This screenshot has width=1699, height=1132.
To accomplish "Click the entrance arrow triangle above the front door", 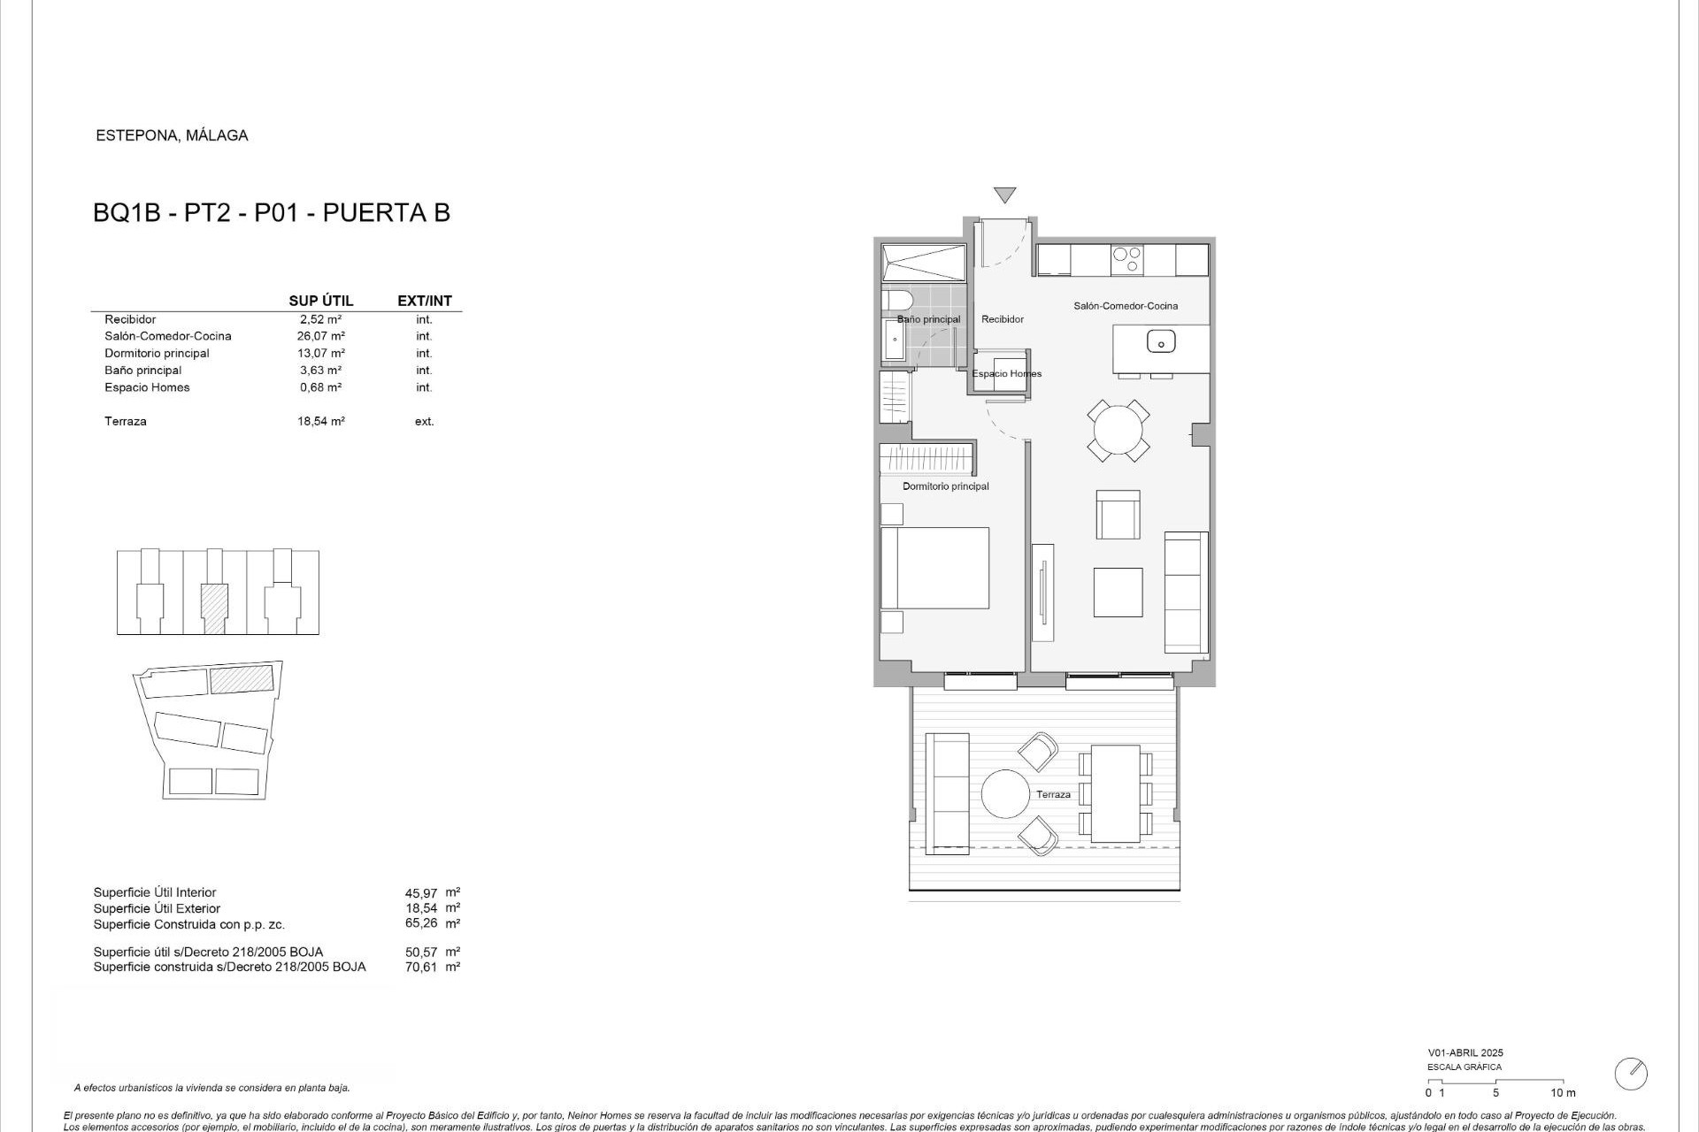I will pos(1004,195).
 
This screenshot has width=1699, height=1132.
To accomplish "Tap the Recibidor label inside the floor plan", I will pos(1003,319).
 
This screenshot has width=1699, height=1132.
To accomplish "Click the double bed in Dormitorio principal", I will pos(934,568).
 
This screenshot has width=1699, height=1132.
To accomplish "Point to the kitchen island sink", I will pos(1160,340).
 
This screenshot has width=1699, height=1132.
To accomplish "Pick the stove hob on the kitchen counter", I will pos(1127,260).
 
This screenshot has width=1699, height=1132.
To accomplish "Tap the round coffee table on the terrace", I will pos(1005,794).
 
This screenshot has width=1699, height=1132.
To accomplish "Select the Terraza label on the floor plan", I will pos(1053,794).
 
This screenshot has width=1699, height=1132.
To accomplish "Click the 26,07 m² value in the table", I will pos(320,336).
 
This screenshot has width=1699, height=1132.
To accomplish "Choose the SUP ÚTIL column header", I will pos(320,301).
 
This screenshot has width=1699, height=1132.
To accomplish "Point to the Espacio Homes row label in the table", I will pos(147,387).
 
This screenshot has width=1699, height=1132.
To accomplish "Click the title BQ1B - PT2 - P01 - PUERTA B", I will pos(272,213).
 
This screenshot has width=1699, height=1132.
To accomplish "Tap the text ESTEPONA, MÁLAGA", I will pos(172,135).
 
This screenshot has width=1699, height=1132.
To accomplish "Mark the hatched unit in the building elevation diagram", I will pos(214,607).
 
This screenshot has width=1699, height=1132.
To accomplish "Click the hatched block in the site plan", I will pos(242,680).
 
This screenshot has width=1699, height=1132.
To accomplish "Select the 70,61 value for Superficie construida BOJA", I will pos(420,968).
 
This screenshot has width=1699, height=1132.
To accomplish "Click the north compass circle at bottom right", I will pos(1630,1074).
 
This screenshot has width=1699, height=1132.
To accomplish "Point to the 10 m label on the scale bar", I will pos(1563,1093).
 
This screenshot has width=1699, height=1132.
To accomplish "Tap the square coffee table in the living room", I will pos(1118,592).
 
